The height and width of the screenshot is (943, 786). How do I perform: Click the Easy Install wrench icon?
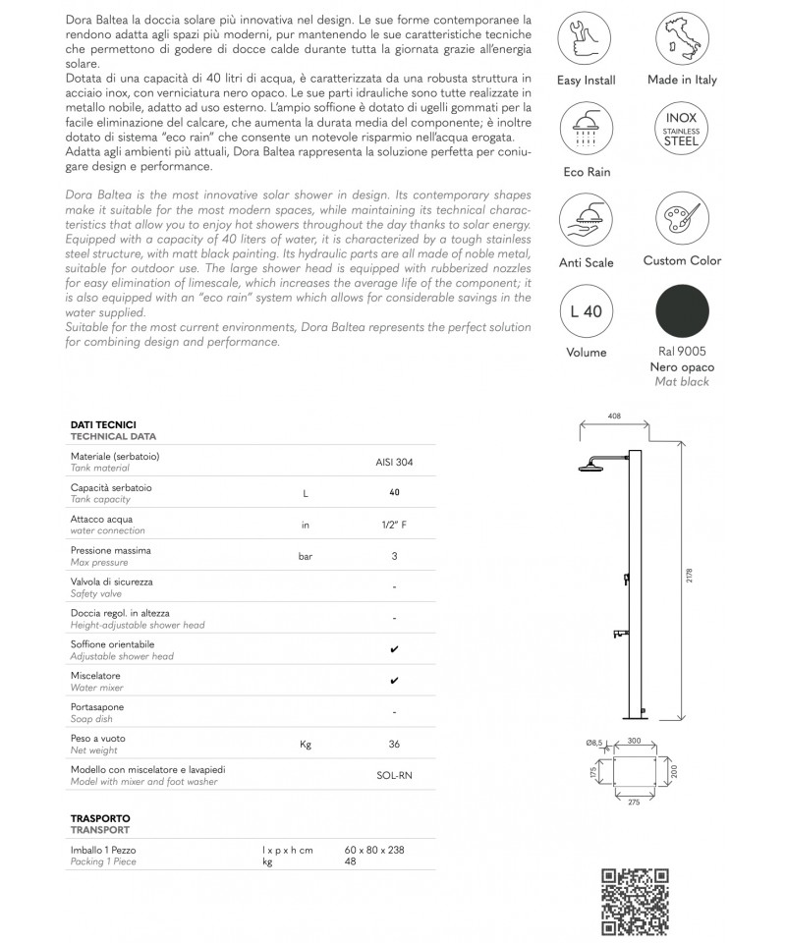(x=588, y=38)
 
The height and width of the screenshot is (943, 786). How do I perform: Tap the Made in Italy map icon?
(x=682, y=38)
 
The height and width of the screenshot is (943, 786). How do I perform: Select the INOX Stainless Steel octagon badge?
(x=682, y=133)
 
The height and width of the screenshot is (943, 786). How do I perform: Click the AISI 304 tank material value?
(x=393, y=461)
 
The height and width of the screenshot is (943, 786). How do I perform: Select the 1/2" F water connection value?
(x=393, y=525)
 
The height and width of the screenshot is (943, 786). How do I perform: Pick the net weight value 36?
(x=393, y=744)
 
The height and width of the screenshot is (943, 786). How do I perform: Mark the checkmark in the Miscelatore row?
(x=394, y=681)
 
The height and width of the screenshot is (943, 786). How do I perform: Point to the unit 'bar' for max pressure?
(x=306, y=556)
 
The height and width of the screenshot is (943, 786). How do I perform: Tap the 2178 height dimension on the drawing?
(x=691, y=576)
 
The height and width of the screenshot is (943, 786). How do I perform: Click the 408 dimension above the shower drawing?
(x=615, y=416)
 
